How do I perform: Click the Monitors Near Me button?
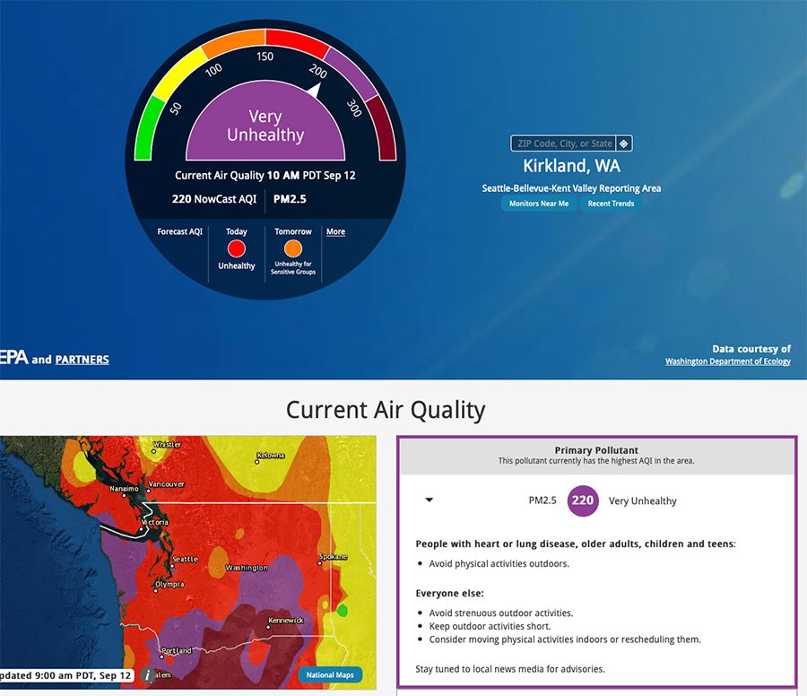coord(539,204)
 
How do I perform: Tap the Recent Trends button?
coord(611,204)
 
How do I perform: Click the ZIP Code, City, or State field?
coord(565,144)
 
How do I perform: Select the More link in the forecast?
coord(335,231)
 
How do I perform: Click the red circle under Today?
coord(237,248)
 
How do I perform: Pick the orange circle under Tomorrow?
coord(293,248)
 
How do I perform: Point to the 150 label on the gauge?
coord(265,57)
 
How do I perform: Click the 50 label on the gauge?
coord(176,109)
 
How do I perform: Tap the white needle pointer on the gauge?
coord(314,91)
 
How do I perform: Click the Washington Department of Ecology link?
coord(728,361)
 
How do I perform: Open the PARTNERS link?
coord(82,360)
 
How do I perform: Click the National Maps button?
coord(330,674)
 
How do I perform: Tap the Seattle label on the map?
coord(185,559)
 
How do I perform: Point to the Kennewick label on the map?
coord(286,621)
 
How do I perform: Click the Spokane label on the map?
coord(334,556)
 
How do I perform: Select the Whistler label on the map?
coord(168,444)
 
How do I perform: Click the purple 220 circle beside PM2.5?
coord(583,500)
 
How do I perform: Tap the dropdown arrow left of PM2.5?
coord(430,500)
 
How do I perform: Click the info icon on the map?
coord(147,675)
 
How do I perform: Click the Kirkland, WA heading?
coord(572,166)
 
